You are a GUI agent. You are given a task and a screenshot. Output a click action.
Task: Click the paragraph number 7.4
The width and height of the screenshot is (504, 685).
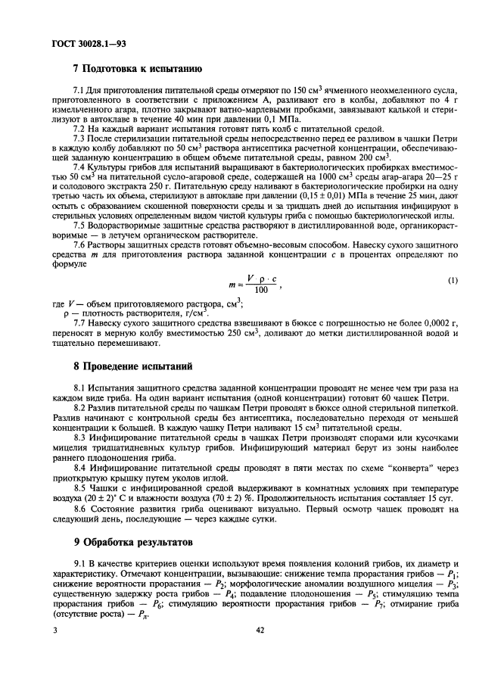[77, 166]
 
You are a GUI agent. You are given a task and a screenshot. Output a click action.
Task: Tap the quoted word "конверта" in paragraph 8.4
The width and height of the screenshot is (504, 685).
[412, 469]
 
